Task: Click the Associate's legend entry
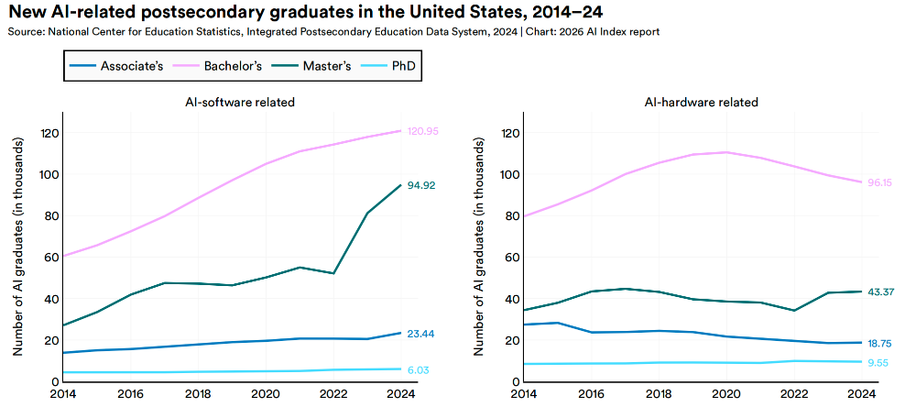(x=118, y=66)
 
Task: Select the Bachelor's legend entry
(x=221, y=66)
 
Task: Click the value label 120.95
(x=423, y=131)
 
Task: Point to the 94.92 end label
(x=420, y=185)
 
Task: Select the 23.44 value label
(x=420, y=334)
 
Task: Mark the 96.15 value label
(x=881, y=182)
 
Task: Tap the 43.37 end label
(x=881, y=291)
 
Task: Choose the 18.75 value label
(x=881, y=343)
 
